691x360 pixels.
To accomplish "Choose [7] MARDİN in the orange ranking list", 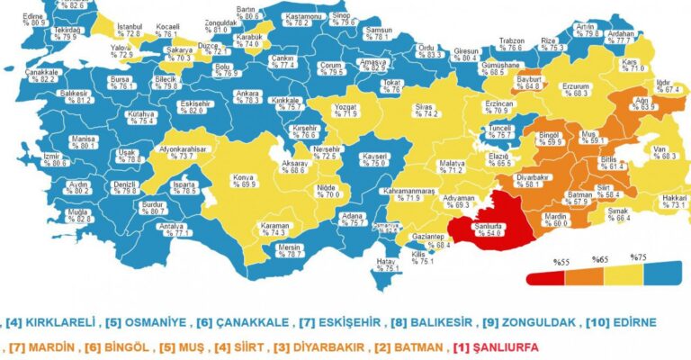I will (40, 346).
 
